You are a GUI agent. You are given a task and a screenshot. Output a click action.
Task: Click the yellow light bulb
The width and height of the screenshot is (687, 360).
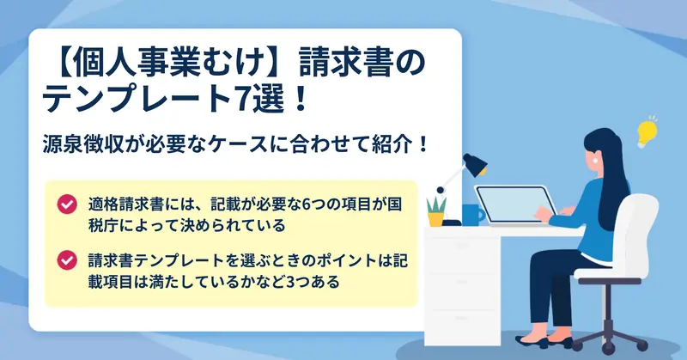click(647, 132)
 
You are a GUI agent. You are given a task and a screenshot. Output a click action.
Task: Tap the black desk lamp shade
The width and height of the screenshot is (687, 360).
click(476, 164)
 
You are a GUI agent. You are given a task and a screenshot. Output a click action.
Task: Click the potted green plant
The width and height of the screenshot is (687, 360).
click(436, 211)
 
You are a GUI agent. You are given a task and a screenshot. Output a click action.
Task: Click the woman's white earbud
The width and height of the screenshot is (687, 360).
click(595, 161)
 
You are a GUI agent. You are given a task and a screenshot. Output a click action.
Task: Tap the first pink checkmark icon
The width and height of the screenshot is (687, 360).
click(67, 204)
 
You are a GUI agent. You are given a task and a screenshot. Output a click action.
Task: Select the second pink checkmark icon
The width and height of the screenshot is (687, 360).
click(67, 260)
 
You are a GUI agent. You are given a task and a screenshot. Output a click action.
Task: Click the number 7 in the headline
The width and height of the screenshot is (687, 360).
click(240, 99)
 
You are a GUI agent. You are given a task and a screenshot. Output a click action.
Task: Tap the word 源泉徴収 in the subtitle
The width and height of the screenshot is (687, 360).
click(78, 144)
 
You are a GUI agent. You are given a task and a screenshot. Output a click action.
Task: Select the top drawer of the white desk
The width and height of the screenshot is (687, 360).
click(462, 247)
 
